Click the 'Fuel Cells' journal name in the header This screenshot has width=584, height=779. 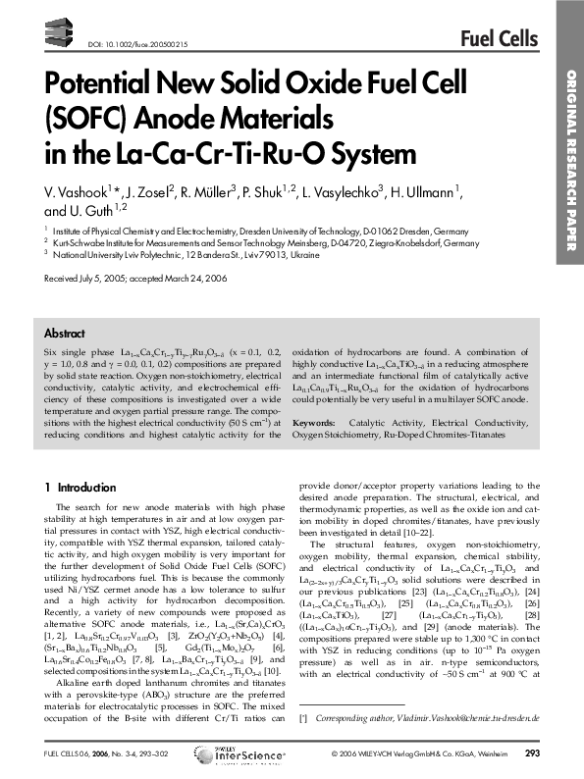(499, 39)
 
